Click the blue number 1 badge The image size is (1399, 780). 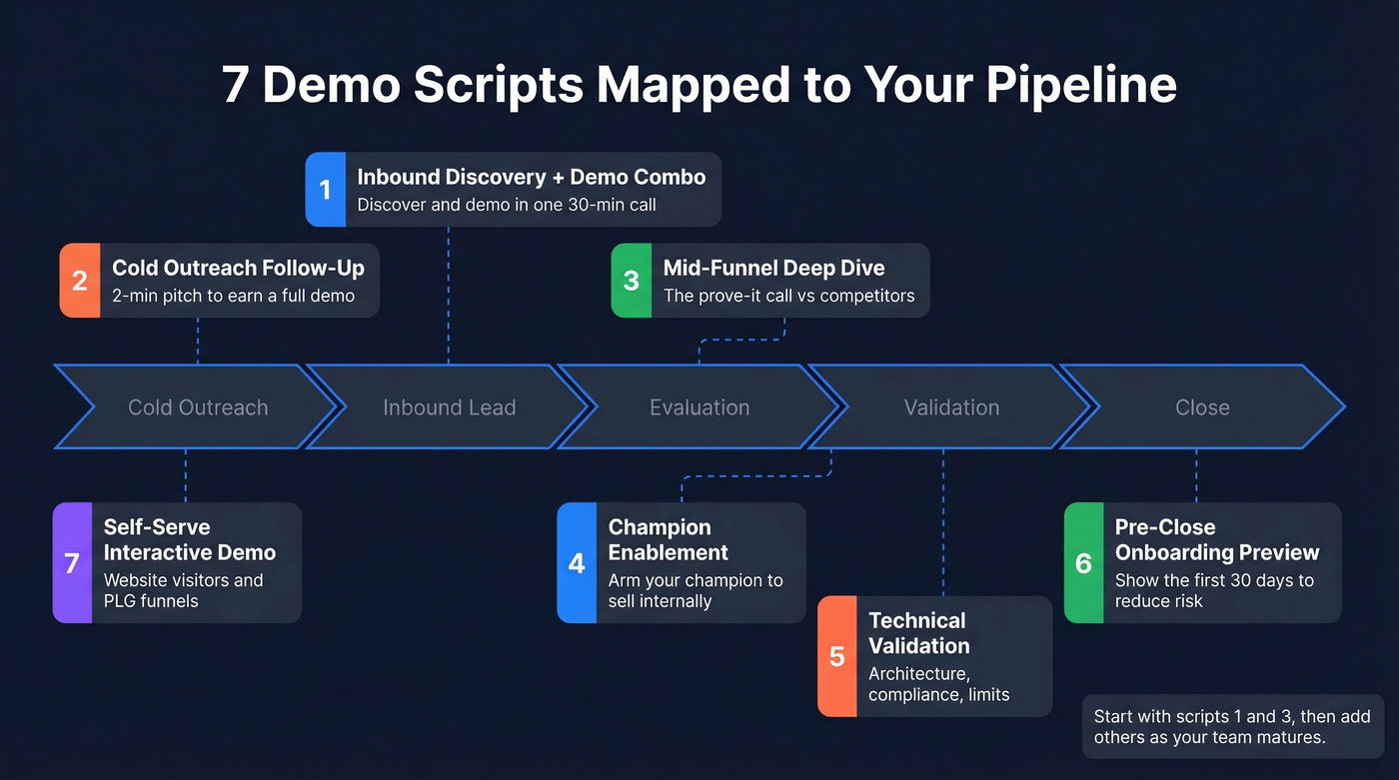[x=325, y=189]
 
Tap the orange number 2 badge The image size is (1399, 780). [x=80, y=281]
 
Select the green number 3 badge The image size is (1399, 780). [x=631, y=281]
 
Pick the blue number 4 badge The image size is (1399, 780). [x=577, y=563]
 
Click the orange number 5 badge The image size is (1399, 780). [x=837, y=656]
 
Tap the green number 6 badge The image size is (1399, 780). [x=1083, y=563]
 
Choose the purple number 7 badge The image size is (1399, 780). [x=72, y=563]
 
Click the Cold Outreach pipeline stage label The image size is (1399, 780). [x=198, y=407]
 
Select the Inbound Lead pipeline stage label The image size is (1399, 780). [x=449, y=407]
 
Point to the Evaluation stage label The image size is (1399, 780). [x=699, y=407]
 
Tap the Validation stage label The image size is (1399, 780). [x=951, y=407]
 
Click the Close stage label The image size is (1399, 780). [x=1202, y=407]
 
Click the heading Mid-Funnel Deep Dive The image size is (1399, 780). [x=773, y=268]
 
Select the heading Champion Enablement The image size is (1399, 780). [x=668, y=539]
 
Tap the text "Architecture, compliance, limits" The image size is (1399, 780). [x=938, y=684]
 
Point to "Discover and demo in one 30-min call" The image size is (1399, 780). [x=507, y=205]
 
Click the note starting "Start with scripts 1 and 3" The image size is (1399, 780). [x=1232, y=727]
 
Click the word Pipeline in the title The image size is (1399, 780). [x=1081, y=85]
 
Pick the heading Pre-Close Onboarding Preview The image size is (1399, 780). [x=1216, y=539]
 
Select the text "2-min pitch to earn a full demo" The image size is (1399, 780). [x=233, y=296]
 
